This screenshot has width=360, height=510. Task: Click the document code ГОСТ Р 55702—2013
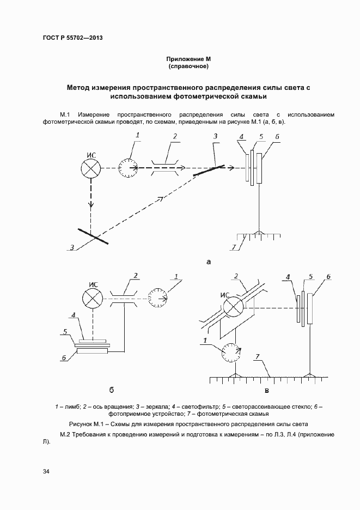(x=72, y=38)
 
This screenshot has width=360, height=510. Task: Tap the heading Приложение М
(x=188, y=58)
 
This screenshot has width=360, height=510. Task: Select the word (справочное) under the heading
(x=188, y=66)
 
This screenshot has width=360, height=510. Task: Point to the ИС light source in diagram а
(x=91, y=168)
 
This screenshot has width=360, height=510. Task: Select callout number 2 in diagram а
(x=174, y=136)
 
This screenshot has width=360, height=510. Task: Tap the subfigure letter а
(x=209, y=262)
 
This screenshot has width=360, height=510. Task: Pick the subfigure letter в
(x=267, y=390)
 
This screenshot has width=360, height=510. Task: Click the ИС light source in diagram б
(x=91, y=297)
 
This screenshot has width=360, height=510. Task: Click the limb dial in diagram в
(x=233, y=354)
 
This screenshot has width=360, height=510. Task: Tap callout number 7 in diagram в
(x=258, y=357)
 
